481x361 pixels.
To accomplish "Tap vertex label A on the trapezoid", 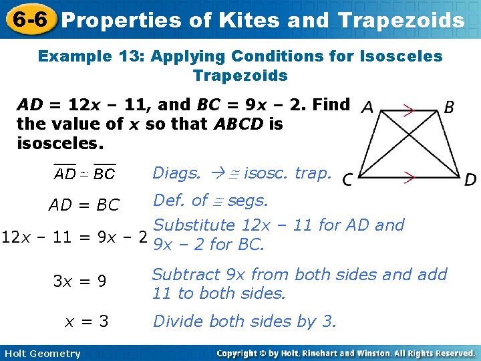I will click(367, 108).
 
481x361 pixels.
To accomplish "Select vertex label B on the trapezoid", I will click(450, 107).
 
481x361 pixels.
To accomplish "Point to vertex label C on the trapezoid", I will click(348, 179).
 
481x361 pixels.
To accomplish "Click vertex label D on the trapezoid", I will click(470, 179).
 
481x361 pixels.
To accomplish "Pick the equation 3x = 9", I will click(79, 281).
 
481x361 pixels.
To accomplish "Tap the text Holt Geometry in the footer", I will click(41, 354).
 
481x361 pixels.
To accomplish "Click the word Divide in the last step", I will click(177, 322).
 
